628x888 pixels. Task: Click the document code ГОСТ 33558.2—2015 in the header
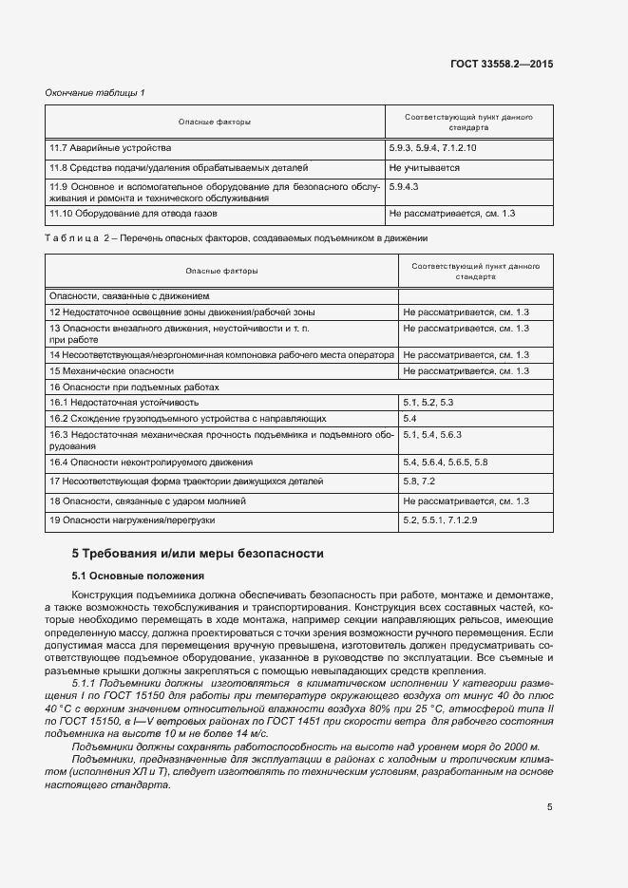502,64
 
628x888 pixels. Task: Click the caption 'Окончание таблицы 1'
95,92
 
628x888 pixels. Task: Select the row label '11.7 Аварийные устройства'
110,149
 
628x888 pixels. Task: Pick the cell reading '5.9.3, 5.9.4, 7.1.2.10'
432,149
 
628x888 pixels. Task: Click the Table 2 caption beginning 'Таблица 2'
237,237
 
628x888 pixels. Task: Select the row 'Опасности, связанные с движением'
128,296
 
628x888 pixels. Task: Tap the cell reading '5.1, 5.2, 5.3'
428,403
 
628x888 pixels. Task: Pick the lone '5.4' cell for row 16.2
410,418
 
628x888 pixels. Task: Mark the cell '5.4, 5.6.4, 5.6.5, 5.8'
445,463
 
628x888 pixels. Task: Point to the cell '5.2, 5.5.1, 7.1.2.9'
440,520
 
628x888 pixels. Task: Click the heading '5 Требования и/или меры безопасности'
198,553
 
